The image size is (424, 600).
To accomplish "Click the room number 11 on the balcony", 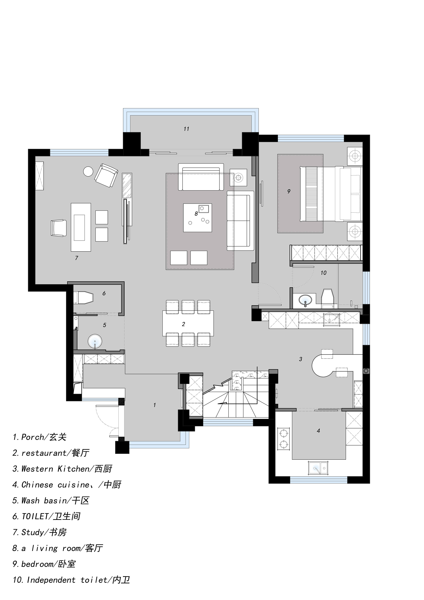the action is point(186,129).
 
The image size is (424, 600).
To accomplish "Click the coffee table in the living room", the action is point(197,218).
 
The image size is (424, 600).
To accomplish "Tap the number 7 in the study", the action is point(77,258).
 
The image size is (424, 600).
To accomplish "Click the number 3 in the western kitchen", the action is point(300,359).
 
